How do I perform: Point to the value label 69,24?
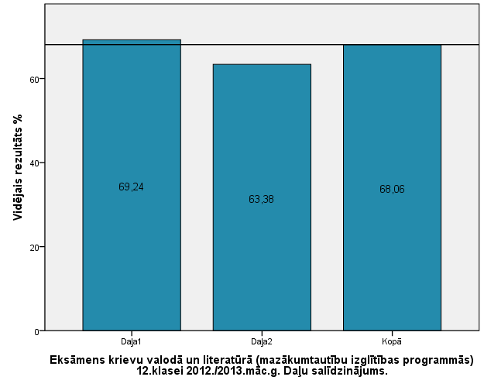pyautogui.click(x=131, y=187)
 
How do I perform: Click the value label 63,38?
pyautogui.click(x=262, y=199)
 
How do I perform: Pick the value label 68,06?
pyautogui.click(x=392, y=189)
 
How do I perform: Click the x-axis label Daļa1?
pyautogui.click(x=131, y=341)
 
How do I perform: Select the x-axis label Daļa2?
pyautogui.click(x=262, y=341)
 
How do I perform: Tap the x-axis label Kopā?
pyautogui.click(x=392, y=341)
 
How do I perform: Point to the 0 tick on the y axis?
pyautogui.click(x=37, y=331)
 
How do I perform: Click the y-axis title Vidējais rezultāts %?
pyautogui.click(x=17, y=166)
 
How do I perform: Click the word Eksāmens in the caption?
pyautogui.click(x=77, y=360)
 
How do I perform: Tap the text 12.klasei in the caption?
pyautogui.click(x=161, y=371)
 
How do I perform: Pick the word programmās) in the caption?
pyautogui.click(x=439, y=360)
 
